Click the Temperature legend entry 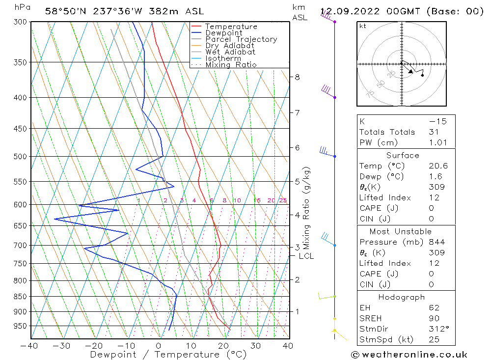[231, 27]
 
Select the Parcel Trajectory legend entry [241, 39]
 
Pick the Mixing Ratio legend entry [231, 64]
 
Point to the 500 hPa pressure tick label [21, 157]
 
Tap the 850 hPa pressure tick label [21, 297]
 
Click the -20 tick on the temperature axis [94, 346]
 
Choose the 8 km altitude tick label [297, 77]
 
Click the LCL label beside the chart [306, 256]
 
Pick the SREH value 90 [434, 318]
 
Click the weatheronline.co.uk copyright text [409, 355]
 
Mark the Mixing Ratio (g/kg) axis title [307, 208]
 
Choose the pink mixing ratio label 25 [283, 200]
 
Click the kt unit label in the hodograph [362, 26]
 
